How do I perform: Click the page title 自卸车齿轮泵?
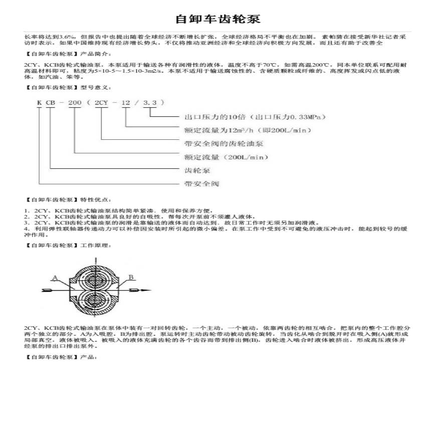click(217, 19)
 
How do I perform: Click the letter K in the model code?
click(39, 102)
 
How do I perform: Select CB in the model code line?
click(51, 102)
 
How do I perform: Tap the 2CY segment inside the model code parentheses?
click(102, 102)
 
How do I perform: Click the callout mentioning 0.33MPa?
click(255, 117)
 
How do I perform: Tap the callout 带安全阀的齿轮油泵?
click(224, 144)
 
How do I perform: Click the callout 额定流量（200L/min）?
click(227, 157)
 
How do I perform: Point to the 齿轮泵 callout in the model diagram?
click(197, 170)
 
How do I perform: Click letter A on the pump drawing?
click(54, 277)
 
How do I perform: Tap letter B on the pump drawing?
click(131, 277)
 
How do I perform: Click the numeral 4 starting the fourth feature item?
click(26, 228)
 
